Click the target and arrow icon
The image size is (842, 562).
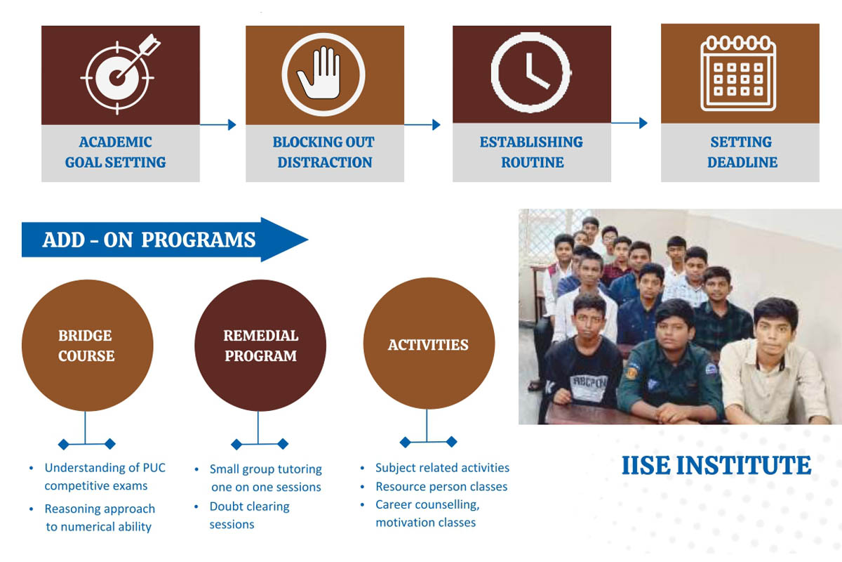point(119,75)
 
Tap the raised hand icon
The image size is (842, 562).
point(323,74)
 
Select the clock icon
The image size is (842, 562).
point(530,72)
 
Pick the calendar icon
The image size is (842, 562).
point(738,73)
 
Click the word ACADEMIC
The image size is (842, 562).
point(115,143)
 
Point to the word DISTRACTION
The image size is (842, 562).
point(325,162)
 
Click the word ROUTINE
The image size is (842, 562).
point(533,162)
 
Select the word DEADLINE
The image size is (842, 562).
point(742,162)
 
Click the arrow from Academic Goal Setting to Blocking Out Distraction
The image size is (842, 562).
point(218,124)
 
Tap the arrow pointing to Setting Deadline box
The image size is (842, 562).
point(629,123)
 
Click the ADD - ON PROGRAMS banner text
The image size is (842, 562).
point(149,240)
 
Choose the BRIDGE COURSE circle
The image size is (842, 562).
point(87,345)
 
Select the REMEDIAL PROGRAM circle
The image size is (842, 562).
point(260,345)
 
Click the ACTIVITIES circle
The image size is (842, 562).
point(429,344)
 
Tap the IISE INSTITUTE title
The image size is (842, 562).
point(716,465)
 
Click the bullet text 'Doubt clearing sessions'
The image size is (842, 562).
point(250,516)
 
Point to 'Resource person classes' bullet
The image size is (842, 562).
point(441,487)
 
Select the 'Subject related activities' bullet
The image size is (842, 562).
point(443,468)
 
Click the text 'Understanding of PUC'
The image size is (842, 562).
point(105,468)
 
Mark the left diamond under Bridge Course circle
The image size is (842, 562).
point(64,445)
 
